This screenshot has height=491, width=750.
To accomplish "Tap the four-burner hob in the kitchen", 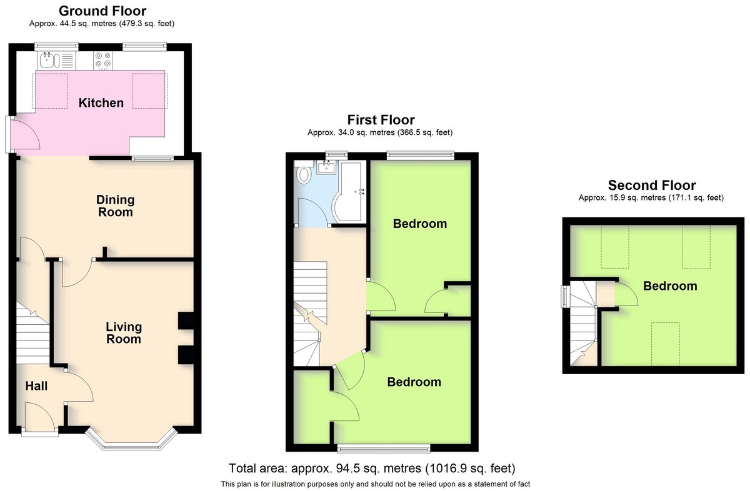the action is [x=103, y=60].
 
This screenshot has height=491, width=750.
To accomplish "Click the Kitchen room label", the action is [x=101, y=102].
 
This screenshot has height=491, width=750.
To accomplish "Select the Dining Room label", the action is [x=116, y=206].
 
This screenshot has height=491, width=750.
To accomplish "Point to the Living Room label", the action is [x=124, y=333].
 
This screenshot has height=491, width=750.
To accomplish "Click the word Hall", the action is [x=36, y=386].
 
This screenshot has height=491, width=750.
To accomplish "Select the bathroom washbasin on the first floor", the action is [x=326, y=167].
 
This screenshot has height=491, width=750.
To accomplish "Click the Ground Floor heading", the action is [x=102, y=11].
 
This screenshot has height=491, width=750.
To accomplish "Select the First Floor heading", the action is [x=381, y=120].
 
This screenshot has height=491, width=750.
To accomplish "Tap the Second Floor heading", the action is [x=652, y=185].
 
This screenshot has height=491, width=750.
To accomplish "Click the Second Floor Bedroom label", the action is [x=670, y=286].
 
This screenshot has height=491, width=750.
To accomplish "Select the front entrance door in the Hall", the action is [x=40, y=417].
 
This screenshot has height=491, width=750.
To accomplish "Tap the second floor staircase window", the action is [x=565, y=296].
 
